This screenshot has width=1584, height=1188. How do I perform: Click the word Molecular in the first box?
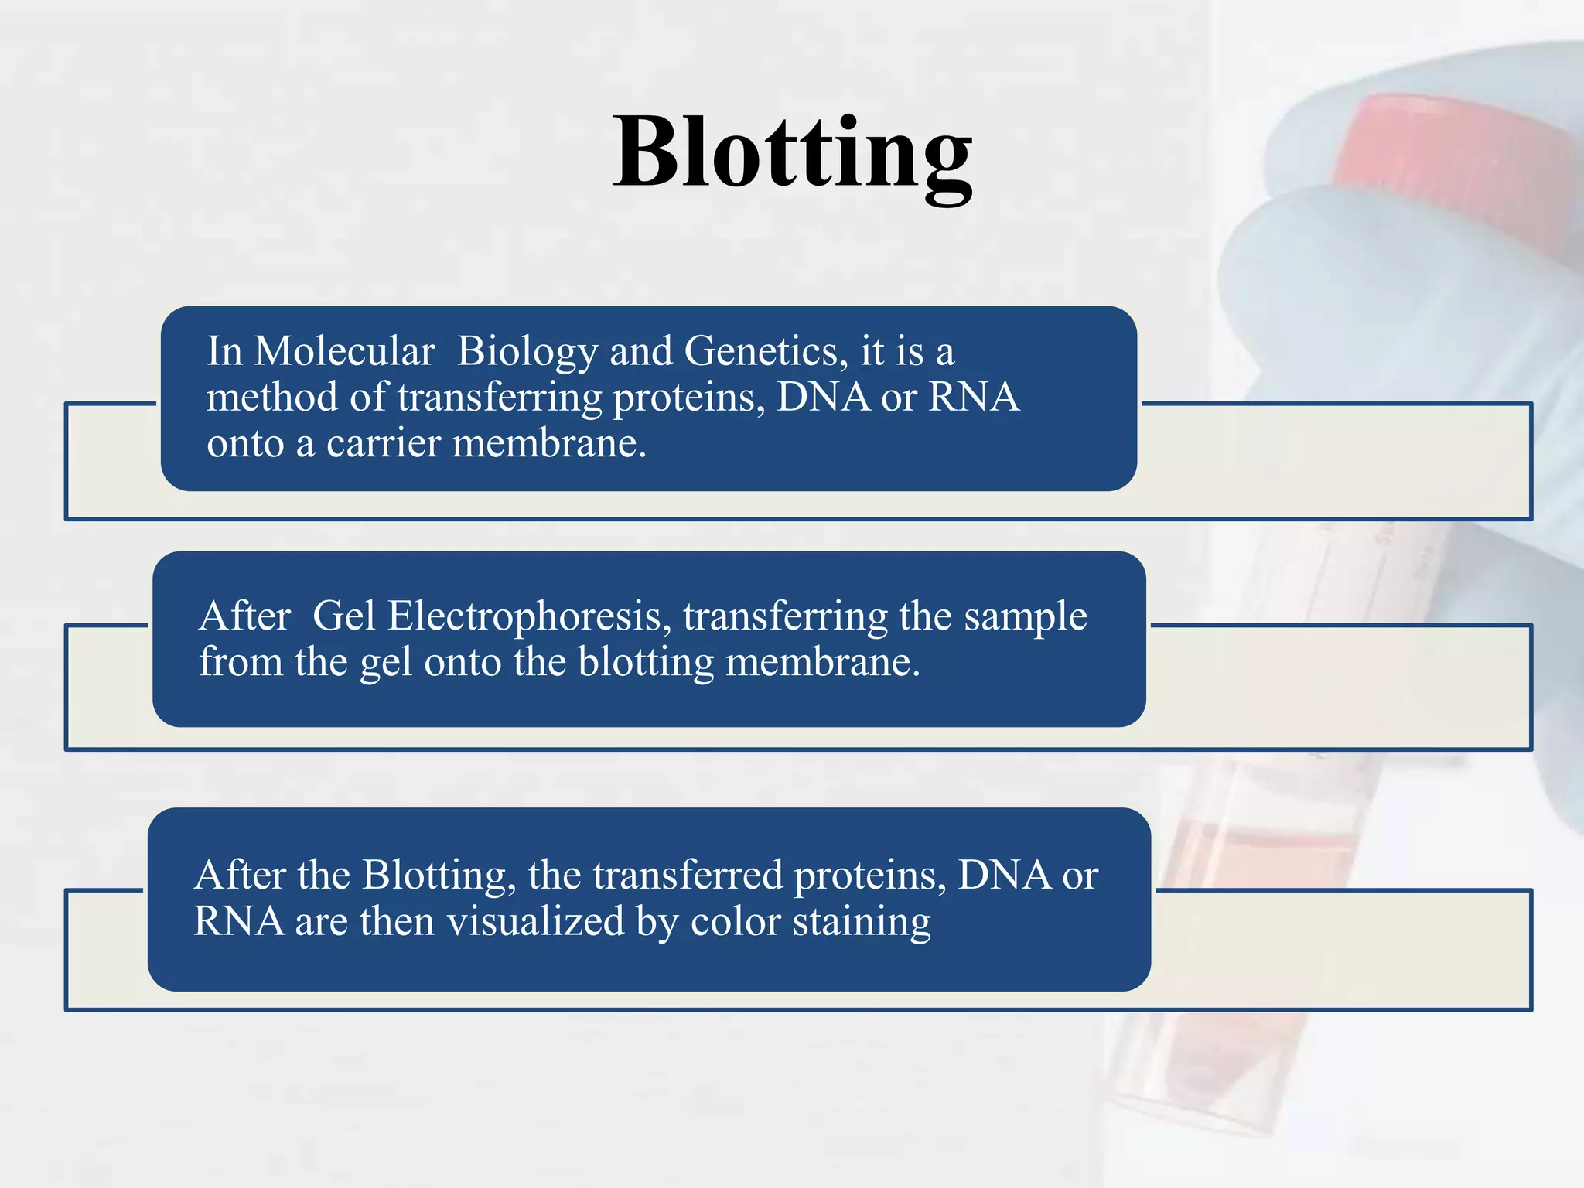point(344,352)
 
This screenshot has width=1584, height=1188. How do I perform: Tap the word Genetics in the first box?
point(761,352)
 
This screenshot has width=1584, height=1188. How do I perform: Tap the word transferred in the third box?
point(688,876)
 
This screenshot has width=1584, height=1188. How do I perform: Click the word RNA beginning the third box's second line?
point(238,922)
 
